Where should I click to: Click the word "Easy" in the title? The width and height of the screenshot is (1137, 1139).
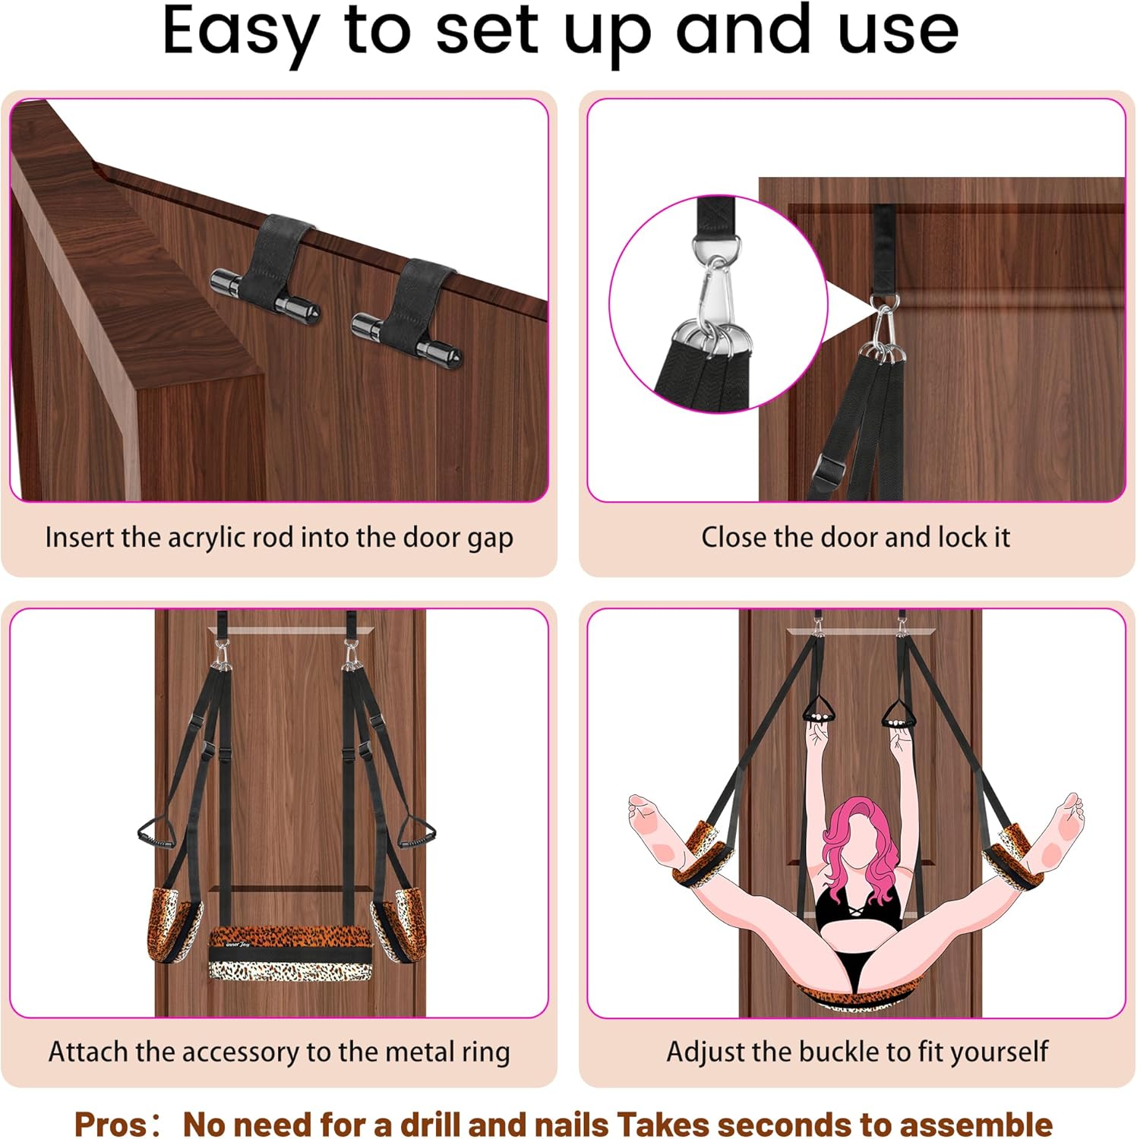tap(240, 33)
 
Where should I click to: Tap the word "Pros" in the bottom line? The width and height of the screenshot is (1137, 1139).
tap(108, 1124)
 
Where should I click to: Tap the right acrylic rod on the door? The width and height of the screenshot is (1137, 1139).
tap(406, 339)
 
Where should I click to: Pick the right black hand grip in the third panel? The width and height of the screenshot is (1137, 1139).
tap(416, 835)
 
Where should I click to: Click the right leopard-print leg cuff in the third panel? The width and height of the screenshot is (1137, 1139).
tap(396, 923)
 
